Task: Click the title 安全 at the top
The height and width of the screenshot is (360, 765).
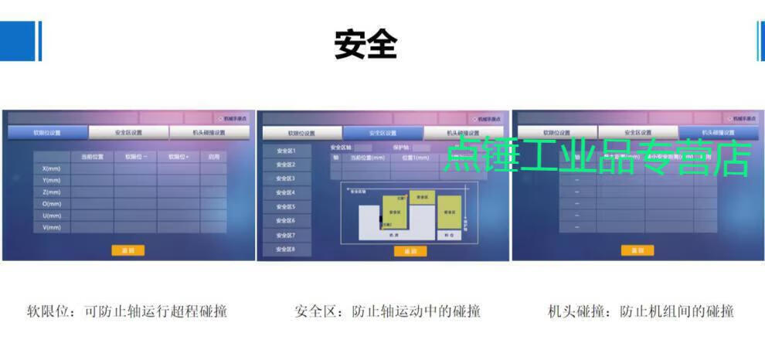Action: click(x=365, y=45)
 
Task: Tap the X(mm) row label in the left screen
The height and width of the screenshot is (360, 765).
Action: click(x=52, y=168)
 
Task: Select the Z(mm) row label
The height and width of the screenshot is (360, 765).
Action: click(x=52, y=192)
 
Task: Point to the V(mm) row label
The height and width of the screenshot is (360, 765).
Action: click(x=52, y=227)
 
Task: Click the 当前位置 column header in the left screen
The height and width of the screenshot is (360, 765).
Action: click(x=92, y=156)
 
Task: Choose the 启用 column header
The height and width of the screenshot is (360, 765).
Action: click(x=213, y=156)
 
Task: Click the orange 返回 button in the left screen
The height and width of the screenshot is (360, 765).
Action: click(x=127, y=250)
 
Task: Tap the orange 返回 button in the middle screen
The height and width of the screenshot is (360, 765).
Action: click(x=410, y=251)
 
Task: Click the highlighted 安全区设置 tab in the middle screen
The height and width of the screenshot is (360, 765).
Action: click(x=382, y=133)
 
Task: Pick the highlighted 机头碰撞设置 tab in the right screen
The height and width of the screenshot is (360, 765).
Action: click(x=718, y=133)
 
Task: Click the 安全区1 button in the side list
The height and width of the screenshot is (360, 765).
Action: click(x=286, y=151)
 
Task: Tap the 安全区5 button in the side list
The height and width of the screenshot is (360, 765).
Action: click(x=286, y=207)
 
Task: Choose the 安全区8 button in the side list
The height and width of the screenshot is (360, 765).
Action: click(x=286, y=250)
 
